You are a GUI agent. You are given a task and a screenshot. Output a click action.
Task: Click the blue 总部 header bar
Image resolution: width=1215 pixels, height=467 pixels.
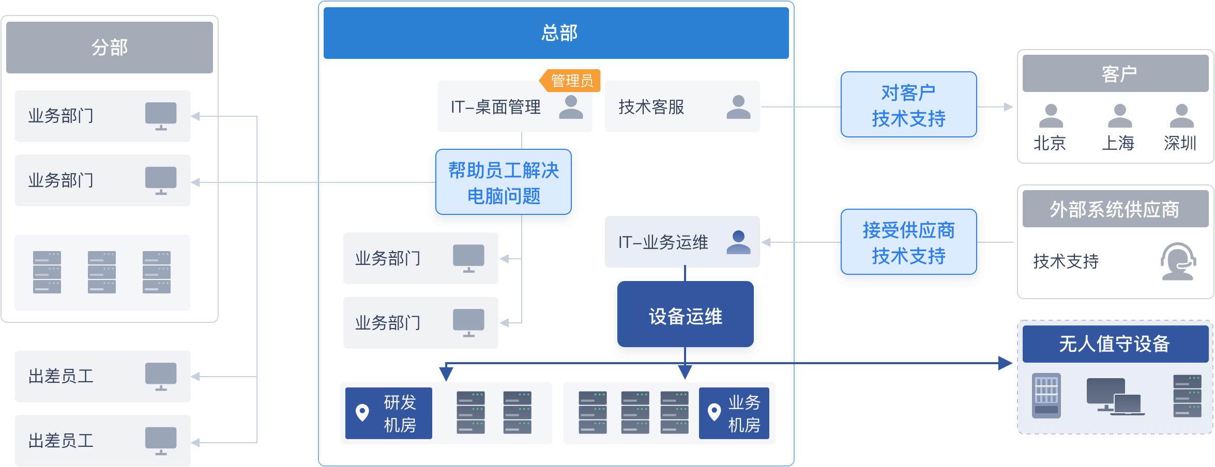coord(556,33)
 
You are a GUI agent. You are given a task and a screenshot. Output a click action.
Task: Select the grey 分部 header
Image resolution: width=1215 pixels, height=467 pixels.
coord(110,48)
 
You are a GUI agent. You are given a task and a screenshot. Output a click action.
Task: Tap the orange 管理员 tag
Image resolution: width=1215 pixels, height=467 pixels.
coord(571,81)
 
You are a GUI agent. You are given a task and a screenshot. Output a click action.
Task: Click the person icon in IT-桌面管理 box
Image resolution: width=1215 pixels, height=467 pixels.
coord(571,107)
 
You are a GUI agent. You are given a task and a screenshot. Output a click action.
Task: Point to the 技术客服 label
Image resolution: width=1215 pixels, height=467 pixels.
coord(651,107)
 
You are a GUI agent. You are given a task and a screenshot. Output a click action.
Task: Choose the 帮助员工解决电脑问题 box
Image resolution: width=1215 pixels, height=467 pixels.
coord(504,183)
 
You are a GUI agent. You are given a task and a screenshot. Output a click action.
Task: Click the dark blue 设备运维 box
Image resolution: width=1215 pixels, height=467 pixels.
coord(685,316)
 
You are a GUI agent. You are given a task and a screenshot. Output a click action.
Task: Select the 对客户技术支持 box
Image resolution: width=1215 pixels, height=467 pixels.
coord(908,106)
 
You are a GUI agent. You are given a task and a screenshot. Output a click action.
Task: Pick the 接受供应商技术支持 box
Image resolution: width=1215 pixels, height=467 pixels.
coord(908,243)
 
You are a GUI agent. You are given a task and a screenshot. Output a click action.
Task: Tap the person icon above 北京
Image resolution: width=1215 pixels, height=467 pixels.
coord(1051,116)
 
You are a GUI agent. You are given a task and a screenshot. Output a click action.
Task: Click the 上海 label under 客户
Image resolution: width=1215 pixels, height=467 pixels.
coord(1118,143)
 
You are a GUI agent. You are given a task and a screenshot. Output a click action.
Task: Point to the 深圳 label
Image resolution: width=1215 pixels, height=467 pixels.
coord(1180,143)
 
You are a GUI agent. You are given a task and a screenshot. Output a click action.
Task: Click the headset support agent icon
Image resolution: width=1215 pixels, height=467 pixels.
coord(1178,261)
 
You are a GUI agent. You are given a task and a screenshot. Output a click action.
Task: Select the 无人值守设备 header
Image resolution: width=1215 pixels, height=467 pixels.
coord(1115,344)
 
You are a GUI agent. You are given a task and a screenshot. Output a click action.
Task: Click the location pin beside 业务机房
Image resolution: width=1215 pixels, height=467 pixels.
coord(714,412)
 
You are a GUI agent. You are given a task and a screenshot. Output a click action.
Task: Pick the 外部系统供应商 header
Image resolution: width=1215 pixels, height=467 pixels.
coord(1115,209)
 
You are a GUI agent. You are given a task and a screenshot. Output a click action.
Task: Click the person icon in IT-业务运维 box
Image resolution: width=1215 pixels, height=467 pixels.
coord(738,242)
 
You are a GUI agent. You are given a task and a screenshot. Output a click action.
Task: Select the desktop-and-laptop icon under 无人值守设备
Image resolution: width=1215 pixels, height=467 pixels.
coord(1115,397)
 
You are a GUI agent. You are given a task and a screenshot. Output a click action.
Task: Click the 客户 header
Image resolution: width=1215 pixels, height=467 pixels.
coord(1118,74)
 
